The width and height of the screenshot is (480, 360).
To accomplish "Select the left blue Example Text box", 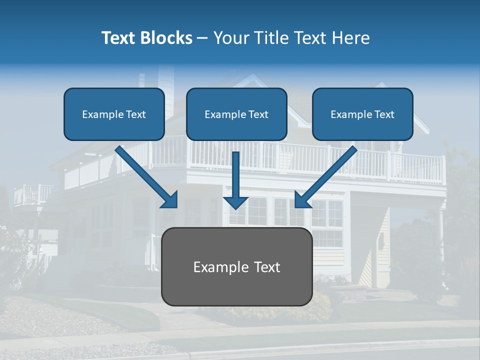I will pos(114,114).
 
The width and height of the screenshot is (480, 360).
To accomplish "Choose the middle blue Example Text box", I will pos(236,114).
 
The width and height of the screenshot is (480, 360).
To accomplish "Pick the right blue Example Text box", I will pos(362,114).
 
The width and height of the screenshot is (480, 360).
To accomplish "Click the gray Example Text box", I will pos(236,266).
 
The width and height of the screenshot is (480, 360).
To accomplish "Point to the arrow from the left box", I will pos(145,175).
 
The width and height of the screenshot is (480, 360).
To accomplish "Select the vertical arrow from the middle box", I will pos(236,177).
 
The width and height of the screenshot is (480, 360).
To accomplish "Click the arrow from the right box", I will pos(327,175).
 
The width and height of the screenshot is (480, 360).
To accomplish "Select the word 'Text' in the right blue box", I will pos(384,114).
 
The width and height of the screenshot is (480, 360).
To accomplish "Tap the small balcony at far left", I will pos(32,195).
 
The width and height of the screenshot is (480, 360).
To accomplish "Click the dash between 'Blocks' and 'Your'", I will pos(202,38).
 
